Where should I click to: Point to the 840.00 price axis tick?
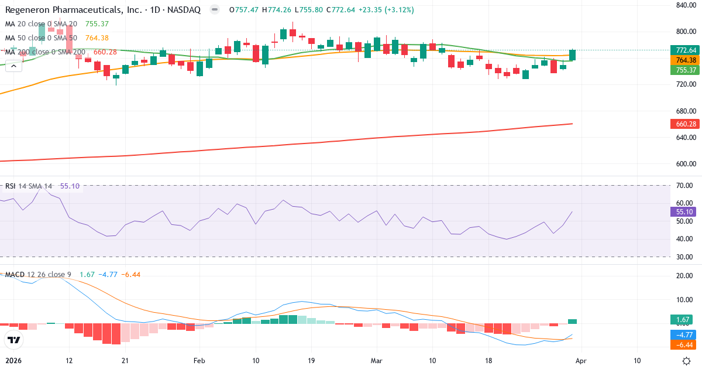pyautogui.click(x=684, y=5)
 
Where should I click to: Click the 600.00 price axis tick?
pyautogui.click(x=684, y=164)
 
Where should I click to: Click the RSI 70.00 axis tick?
pyautogui.click(x=684, y=186)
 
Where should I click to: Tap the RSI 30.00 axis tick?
pyautogui.click(x=684, y=257)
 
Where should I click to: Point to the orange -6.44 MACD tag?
pyautogui.click(x=683, y=346)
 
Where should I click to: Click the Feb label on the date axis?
pyautogui.click(x=199, y=360)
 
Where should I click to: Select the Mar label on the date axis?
pyautogui.click(x=377, y=360)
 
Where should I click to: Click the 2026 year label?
pyautogui.click(x=14, y=360)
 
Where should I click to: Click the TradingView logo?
pyautogui.click(x=14, y=340)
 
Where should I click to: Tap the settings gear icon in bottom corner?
pyautogui.click(x=688, y=361)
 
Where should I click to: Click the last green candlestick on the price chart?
pyautogui.click(x=573, y=55)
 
